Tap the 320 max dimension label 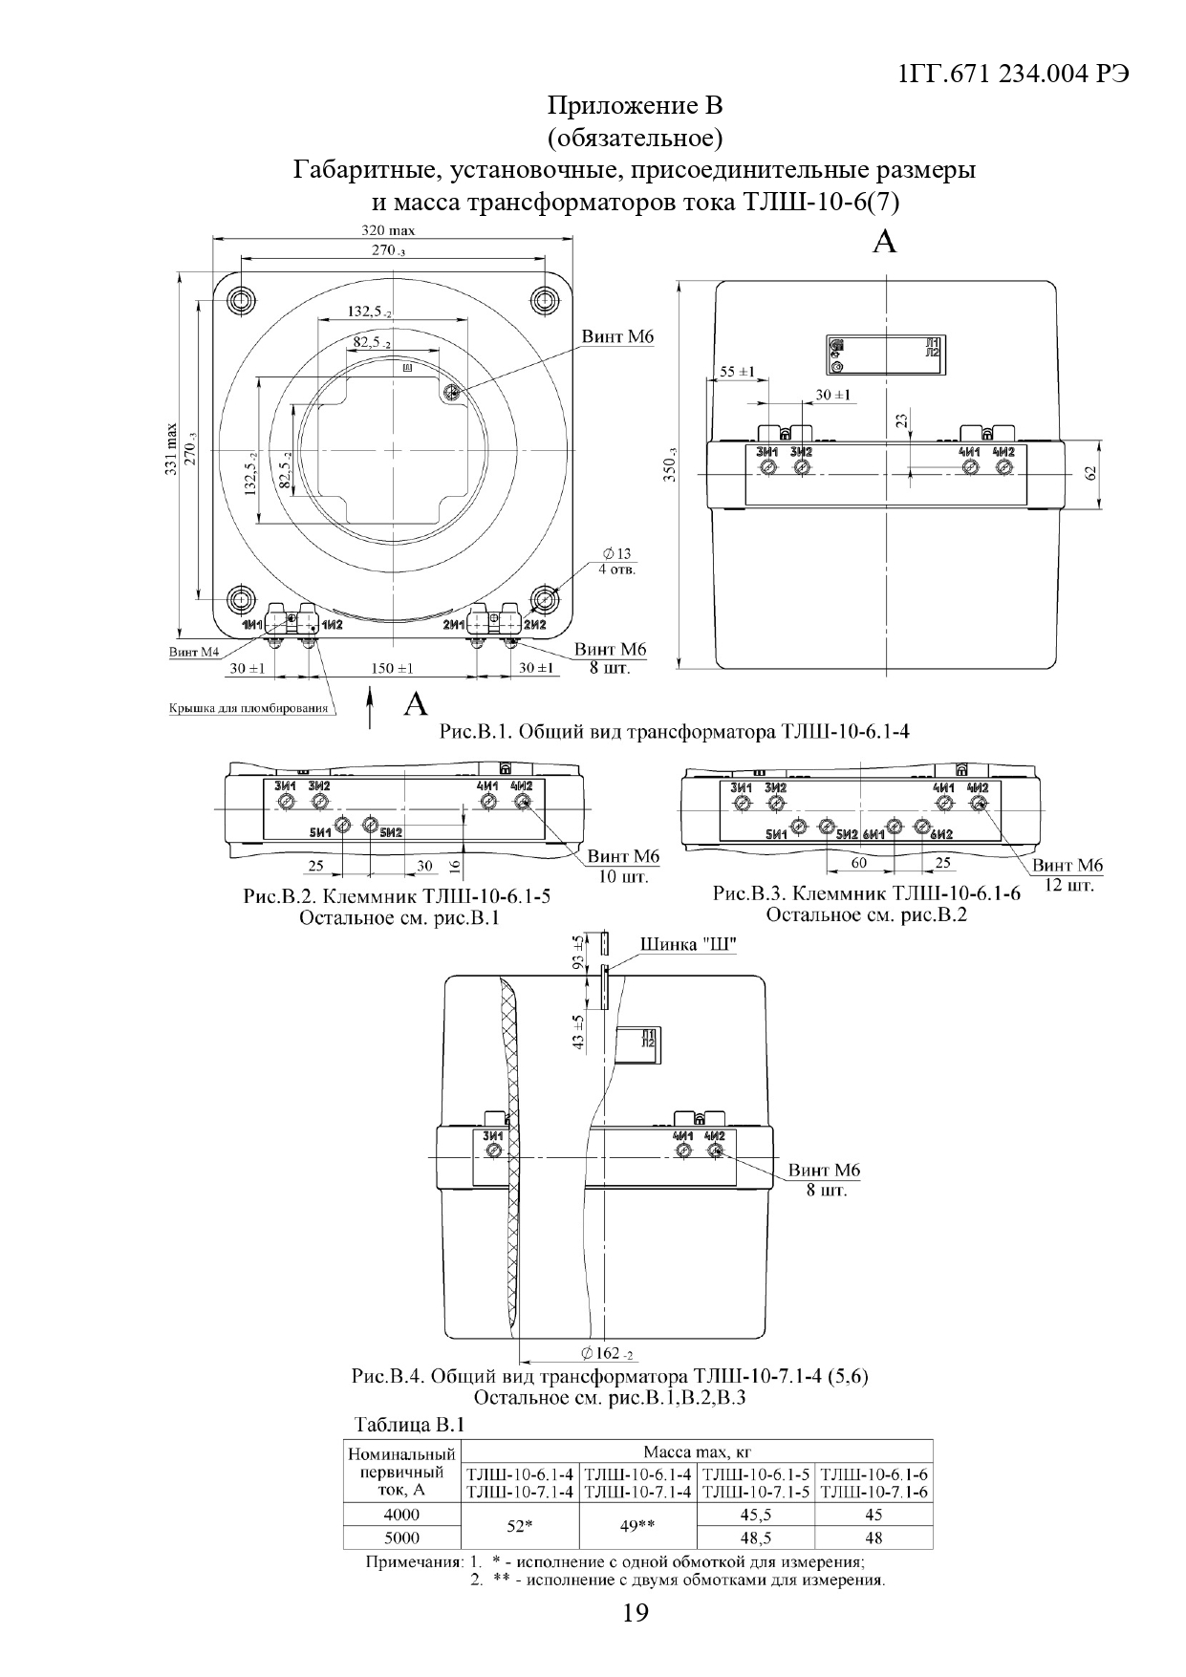coord(388,230)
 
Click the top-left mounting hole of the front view coord(242,300)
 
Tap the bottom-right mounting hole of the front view coord(545,599)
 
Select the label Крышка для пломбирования coord(248,708)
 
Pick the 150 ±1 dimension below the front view coord(392,668)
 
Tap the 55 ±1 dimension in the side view coord(736,371)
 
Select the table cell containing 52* coord(520,1527)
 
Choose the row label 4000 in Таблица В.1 coord(401,1515)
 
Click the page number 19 coord(635,1614)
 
